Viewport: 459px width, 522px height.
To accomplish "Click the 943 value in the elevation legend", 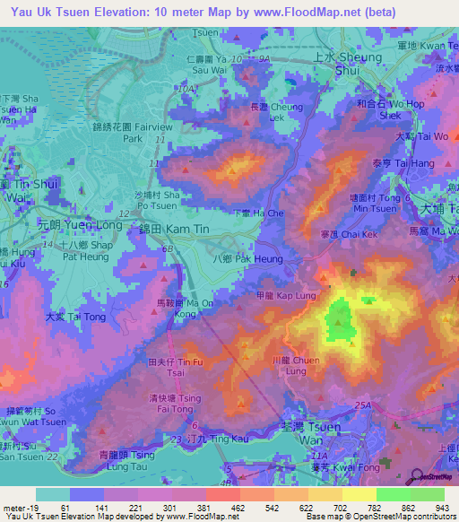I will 443,507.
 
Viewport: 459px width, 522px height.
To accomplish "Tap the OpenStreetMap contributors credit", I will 404,518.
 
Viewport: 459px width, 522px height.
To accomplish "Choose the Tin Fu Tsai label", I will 167,368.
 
